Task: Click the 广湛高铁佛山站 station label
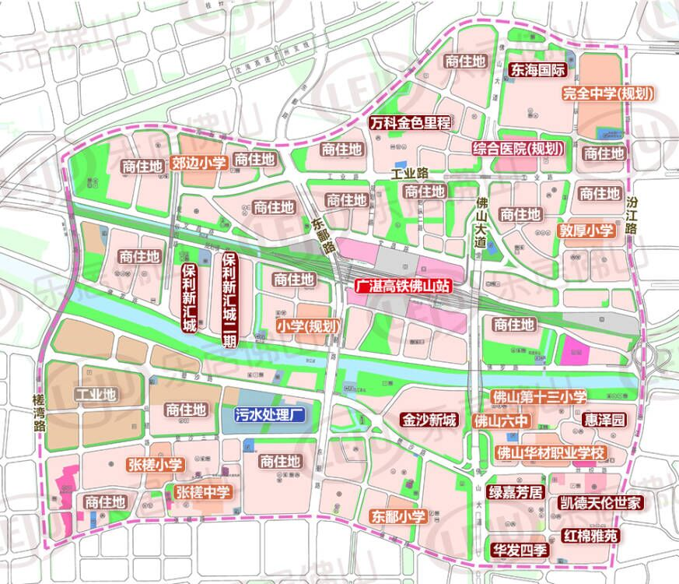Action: (402, 286)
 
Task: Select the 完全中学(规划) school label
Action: (607, 94)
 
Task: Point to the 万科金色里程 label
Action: (410, 123)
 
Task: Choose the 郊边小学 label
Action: (198, 163)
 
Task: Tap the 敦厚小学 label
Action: (586, 231)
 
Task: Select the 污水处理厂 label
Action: (268, 414)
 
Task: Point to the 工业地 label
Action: (95, 395)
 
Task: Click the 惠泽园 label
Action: (604, 420)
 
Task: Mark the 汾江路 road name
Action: (632, 215)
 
